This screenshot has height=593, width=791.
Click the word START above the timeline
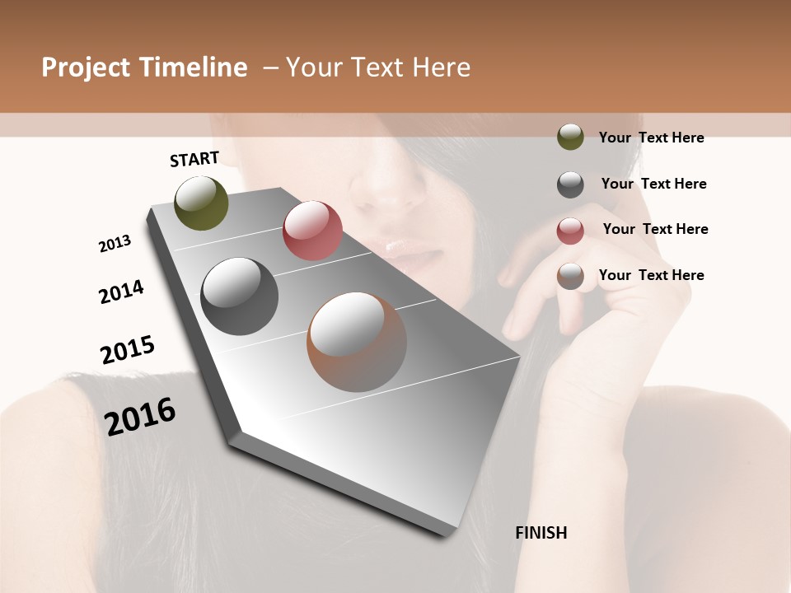[x=194, y=159]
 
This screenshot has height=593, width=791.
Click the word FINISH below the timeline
[x=541, y=533]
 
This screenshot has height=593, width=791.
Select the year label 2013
[x=115, y=244]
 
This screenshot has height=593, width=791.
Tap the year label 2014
[x=122, y=292]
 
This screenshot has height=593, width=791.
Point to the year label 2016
[x=141, y=416]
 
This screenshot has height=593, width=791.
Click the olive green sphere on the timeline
[x=202, y=203]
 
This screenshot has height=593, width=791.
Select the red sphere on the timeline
[x=312, y=230]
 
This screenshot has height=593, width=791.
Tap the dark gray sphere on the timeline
[x=240, y=296]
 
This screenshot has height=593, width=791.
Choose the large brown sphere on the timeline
[x=357, y=342]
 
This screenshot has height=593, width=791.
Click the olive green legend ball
[x=570, y=137]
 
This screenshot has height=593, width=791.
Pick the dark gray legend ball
[x=570, y=184]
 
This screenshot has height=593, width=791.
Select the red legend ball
[x=570, y=231]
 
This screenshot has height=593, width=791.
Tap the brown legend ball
[x=570, y=276]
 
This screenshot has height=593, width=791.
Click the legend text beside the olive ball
[x=652, y=138]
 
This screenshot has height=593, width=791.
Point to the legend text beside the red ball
[x=655, y=229]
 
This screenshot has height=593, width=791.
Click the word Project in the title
[x=85, y=68]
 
